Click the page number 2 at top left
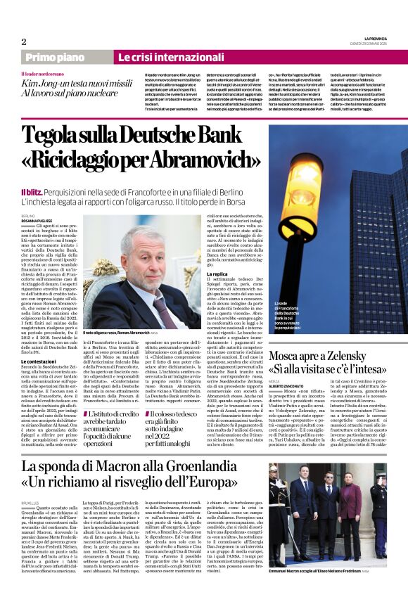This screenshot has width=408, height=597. (24, 41)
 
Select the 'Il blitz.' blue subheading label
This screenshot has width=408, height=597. (34, 191)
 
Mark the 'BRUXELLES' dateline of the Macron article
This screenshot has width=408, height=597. (30, 503)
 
